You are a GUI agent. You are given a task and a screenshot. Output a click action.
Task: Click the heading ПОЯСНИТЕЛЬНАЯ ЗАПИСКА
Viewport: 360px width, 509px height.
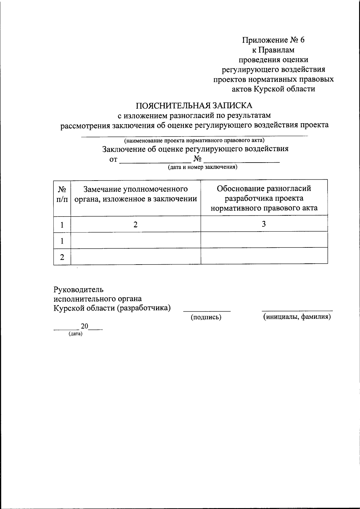(194, 106)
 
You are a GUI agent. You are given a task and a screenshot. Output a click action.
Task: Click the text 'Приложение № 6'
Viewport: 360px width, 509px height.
(273, 40)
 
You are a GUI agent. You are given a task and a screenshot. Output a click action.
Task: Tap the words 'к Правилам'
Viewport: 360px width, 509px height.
(273, 50)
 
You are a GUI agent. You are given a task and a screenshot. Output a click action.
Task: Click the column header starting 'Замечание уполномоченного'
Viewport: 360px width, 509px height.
(136, 194)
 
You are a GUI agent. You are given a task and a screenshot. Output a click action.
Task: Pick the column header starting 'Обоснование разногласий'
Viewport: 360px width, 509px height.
(264, 198)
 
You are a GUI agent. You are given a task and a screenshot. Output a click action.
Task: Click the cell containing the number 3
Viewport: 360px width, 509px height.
(264, 224)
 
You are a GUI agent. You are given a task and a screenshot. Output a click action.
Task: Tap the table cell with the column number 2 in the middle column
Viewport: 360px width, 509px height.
(136, 224)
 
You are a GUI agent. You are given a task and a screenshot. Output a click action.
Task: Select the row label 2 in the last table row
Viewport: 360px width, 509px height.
(62, 257)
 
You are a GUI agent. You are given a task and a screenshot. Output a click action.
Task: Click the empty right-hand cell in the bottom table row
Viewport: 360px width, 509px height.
(264, 256)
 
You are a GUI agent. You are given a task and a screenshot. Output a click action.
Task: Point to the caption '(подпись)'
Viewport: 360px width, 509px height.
(206, 317)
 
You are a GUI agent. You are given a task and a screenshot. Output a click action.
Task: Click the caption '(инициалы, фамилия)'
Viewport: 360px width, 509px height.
(297, 317)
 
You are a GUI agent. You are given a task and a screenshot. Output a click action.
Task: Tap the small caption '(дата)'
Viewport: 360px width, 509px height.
(75, 334)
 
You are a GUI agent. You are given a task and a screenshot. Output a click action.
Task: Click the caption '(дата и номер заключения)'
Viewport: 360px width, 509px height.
(202, 167)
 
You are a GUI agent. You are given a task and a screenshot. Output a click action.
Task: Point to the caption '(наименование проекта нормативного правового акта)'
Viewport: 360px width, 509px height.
(195, 140)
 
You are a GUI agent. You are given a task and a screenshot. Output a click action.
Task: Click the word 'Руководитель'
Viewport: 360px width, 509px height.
(79, 289)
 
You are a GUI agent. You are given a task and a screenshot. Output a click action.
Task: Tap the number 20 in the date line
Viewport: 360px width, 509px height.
(84, 326)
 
